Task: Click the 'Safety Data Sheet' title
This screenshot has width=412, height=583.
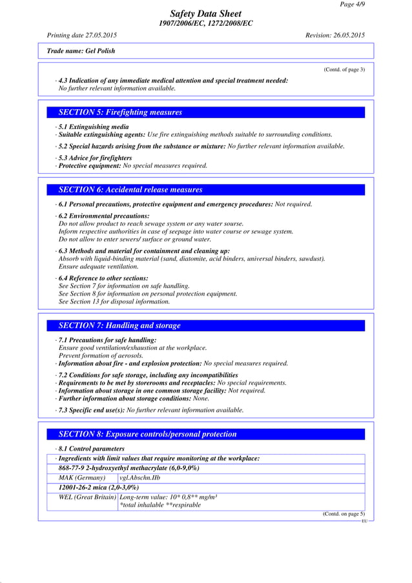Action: point(205,14)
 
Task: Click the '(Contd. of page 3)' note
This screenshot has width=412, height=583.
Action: point(344,69)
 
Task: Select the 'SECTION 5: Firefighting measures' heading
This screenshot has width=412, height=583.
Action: point(120,112)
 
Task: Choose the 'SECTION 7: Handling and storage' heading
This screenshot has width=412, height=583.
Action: point(119,325)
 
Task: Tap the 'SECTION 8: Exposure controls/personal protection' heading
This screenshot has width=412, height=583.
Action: point(147,434)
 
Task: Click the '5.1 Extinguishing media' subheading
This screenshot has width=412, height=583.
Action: point(93,127)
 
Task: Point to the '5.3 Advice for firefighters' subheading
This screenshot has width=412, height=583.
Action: point(95,158)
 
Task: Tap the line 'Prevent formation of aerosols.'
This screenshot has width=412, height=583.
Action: point(101,356)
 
